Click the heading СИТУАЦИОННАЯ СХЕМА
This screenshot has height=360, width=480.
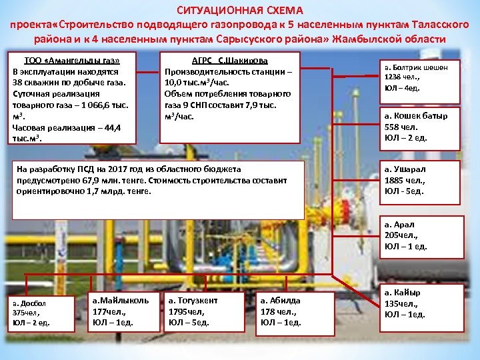[x=239, y=11]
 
